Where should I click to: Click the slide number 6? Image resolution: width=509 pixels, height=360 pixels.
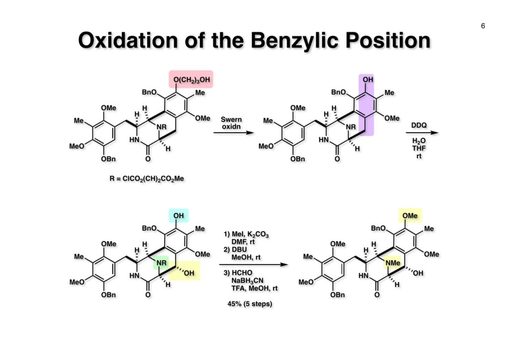pos(483,26)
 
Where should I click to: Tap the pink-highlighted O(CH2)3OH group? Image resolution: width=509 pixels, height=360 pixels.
pos(191,80)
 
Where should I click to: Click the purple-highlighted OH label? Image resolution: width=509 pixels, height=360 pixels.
pos(368,80)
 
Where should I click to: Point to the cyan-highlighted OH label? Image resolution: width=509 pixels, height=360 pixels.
pos(178,215)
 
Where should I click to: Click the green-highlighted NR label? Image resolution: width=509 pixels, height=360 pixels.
pos(162,263)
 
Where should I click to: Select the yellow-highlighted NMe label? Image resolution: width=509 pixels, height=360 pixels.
pos(393,263)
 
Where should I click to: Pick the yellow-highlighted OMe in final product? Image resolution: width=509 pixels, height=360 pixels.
pos(410,215)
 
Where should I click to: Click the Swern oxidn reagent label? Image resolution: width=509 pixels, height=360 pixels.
pos(231,123)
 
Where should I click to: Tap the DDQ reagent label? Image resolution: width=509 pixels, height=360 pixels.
pos(419,125)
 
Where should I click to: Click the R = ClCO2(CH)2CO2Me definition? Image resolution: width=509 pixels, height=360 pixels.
pos(147,179)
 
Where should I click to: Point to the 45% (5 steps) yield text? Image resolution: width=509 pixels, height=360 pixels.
pos(250,304)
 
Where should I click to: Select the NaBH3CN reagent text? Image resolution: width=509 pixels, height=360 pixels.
pos(248,280)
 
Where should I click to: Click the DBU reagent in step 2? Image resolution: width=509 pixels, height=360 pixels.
pos(239,250)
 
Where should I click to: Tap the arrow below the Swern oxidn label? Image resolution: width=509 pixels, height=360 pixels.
pos(234,132)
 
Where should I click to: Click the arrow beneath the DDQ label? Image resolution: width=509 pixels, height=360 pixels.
pos(422,132)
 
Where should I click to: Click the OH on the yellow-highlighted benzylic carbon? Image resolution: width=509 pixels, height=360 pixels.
pos(189,273)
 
